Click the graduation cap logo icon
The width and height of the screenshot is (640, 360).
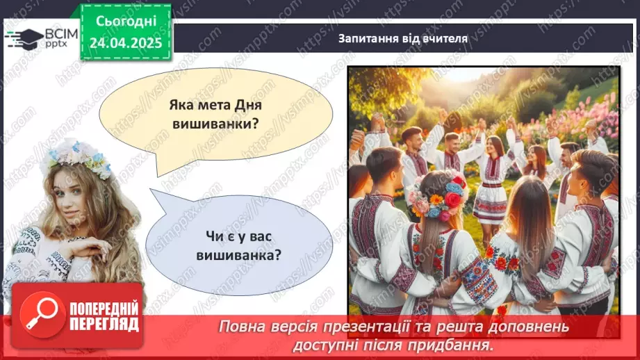tap(24, 38)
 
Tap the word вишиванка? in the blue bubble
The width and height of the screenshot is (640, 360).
tap(243, 254)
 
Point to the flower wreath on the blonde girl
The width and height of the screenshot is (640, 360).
tap(76, 156)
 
